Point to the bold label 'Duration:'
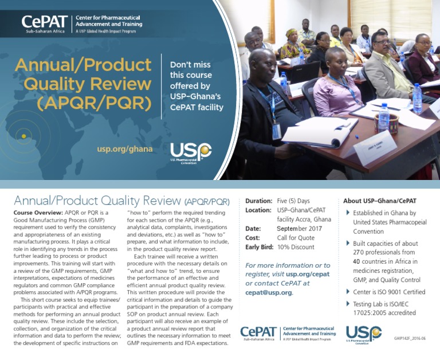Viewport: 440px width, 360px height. pos(258,201)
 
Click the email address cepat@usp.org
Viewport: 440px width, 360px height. pos(268,292)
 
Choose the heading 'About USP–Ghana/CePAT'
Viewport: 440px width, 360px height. pos(379,201)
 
